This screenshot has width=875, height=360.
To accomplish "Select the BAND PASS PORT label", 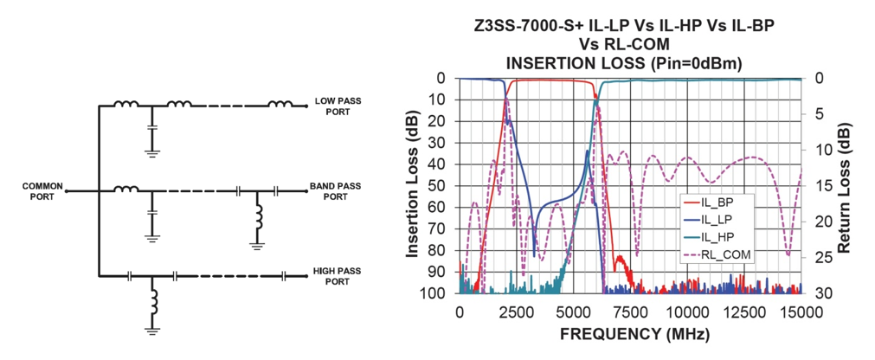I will (335, 191).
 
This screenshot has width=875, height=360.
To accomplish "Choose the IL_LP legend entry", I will (717, 220).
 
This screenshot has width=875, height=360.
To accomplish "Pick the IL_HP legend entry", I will (717, 237).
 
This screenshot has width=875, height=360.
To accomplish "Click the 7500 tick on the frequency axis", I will (630, 310).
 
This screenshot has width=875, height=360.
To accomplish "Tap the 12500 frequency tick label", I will (743, 310).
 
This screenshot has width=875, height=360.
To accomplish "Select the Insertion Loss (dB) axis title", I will (414, 185).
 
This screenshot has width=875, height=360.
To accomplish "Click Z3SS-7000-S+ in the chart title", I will (524, 26).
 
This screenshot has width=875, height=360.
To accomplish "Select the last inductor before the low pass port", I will (280, 106).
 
